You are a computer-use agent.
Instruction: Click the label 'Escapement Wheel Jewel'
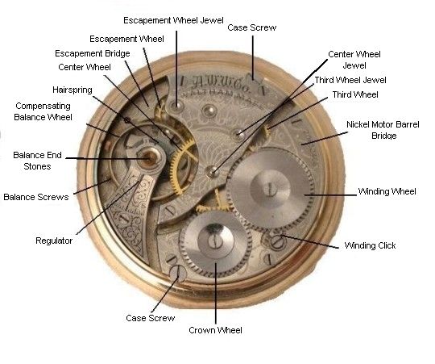click(173, 20)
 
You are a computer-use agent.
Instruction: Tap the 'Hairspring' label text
click(72, 90)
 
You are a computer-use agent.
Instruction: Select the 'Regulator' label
click(54, 241)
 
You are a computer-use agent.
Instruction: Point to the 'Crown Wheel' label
click(215, 330)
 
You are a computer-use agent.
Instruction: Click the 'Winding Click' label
click(370, 245)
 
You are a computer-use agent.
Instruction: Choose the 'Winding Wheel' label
click(387, 191)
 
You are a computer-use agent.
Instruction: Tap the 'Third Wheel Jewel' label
click(350, 80)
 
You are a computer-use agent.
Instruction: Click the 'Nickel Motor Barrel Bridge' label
click(383, 130)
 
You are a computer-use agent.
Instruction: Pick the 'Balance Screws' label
click(36, 197)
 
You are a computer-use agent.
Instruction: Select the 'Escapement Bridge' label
click(93, 53)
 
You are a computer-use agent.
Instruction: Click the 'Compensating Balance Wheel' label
click(43, 111)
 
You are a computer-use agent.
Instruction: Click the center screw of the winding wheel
click(270, 190)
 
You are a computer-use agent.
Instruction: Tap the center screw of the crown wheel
click(215, 241)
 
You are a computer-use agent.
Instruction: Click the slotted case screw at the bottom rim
click(177, 273)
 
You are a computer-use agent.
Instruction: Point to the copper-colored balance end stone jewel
click(150, 158)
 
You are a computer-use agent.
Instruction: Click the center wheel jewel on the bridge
click(212, 171)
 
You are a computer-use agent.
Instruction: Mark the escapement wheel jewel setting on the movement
click(176, 105)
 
